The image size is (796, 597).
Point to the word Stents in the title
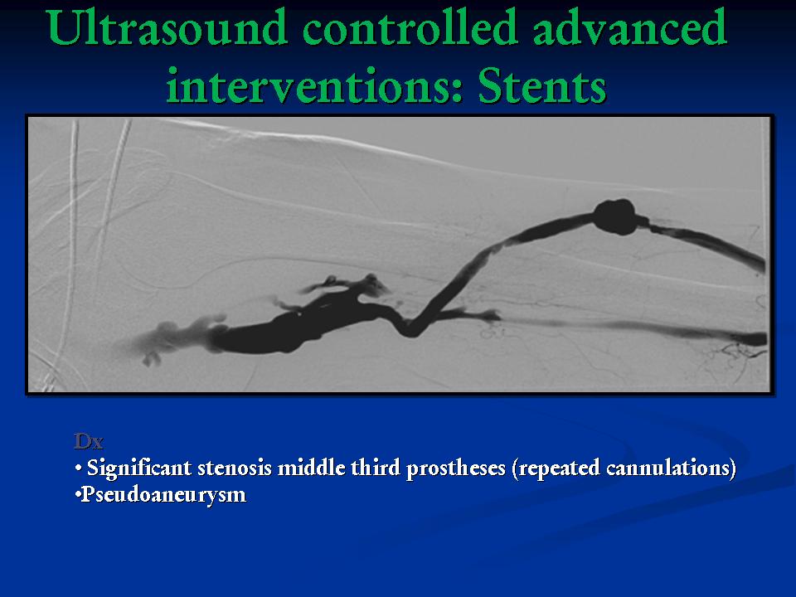pyautogui.click(x=542, y=85)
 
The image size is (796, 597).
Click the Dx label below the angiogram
pyautogui.click(x=89, y=442)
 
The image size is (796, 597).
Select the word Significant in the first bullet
pyautogui.click(x=139, y=468)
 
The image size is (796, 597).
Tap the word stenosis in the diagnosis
pyautogui.click(x=235, y=468)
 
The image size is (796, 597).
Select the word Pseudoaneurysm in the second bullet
pyautogui.click(x=163, y=495)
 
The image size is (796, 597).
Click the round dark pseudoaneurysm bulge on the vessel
pyautogui.click(x=615, y=216)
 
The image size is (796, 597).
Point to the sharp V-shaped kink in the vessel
pyautogui.click(x=410, y=330)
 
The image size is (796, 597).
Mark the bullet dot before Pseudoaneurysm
pyautogui.click(x=77, y=495)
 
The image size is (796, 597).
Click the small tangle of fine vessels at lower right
pyautogui.click(x=734, y=356)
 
